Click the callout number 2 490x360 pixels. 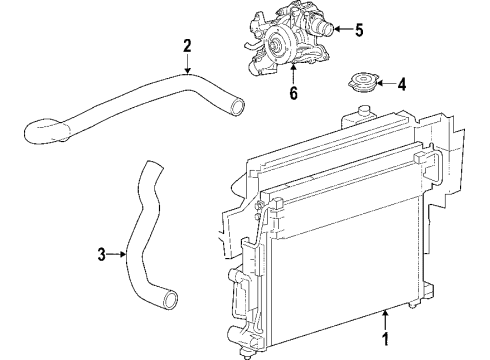tap(187, 45)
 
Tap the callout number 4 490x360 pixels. tap(401, 85)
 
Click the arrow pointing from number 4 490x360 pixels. tap(383, 85)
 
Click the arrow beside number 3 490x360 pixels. tap(120, 254)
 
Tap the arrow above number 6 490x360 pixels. tap(293, 74)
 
